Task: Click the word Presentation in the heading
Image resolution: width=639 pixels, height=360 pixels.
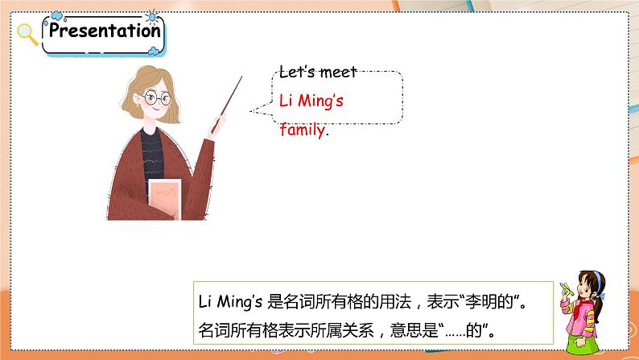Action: (x=105, y=31)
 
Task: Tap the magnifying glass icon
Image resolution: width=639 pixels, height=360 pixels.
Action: (x=27, y=34)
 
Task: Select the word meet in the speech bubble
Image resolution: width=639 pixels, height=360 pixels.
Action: (x=338, y=72)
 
